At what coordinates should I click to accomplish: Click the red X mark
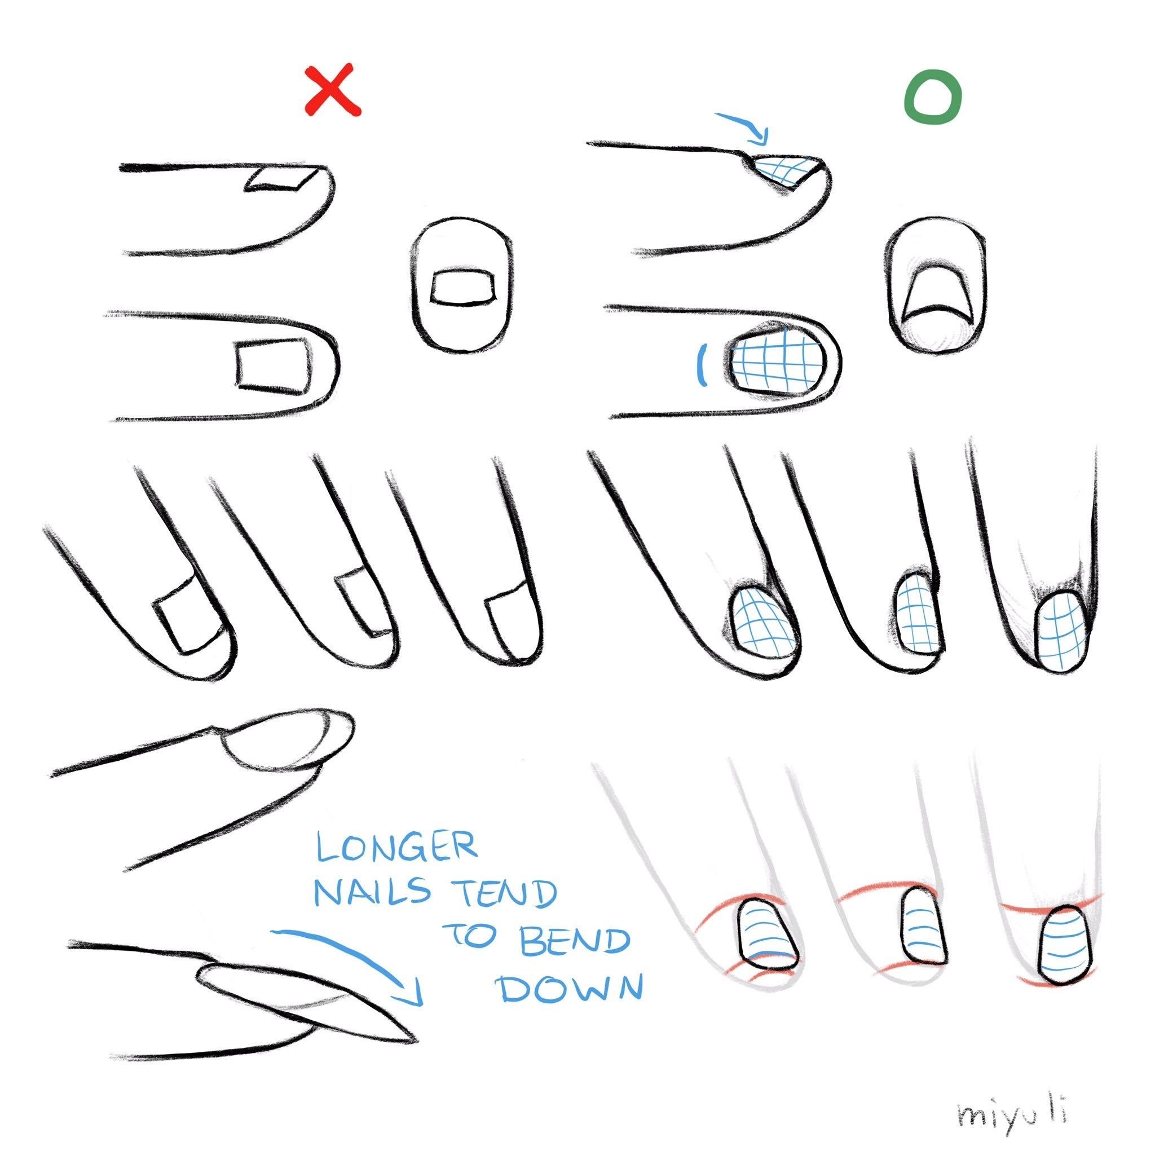pyautogui.click(x=332, y=90)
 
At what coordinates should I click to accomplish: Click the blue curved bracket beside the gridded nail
pyautogui.click(x=704, y=365)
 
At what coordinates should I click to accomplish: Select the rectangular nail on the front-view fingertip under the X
pyautogui.click(x=464, y=288)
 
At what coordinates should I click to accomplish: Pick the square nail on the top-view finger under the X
pyautogui.click(x=275, y=368)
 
